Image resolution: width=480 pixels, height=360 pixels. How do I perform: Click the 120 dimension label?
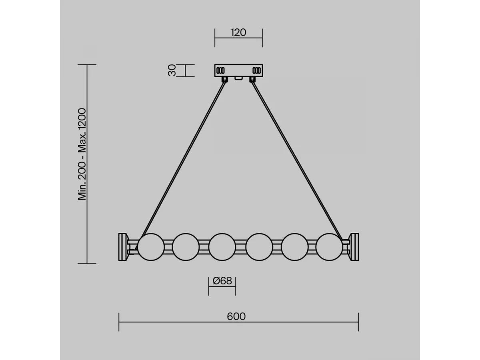pyautogui.click(x=238, y=32)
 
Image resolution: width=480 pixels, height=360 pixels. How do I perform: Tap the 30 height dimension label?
pyautogui.click(x=172, y=70)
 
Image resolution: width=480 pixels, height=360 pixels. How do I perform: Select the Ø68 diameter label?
pyautogui.click(x=222, y=281)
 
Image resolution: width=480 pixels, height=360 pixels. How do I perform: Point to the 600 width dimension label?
pyautogui.click(x=236, y=316)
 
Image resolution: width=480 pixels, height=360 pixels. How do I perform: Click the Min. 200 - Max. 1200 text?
pyautogui.click(x=82, y=154)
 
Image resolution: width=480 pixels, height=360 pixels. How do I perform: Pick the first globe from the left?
pyautogui.click(x=151, y=247)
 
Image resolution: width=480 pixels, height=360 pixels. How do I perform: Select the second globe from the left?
pyautogui.click(x=186, y=247)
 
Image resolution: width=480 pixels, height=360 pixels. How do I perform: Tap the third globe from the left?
pyautogui.click(x=222, y=247)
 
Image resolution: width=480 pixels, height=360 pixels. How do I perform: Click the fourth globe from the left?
pyautogui.click(x=259, y=247)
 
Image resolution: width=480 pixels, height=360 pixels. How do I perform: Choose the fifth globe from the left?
pyautogui.click(x=295, y=247)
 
